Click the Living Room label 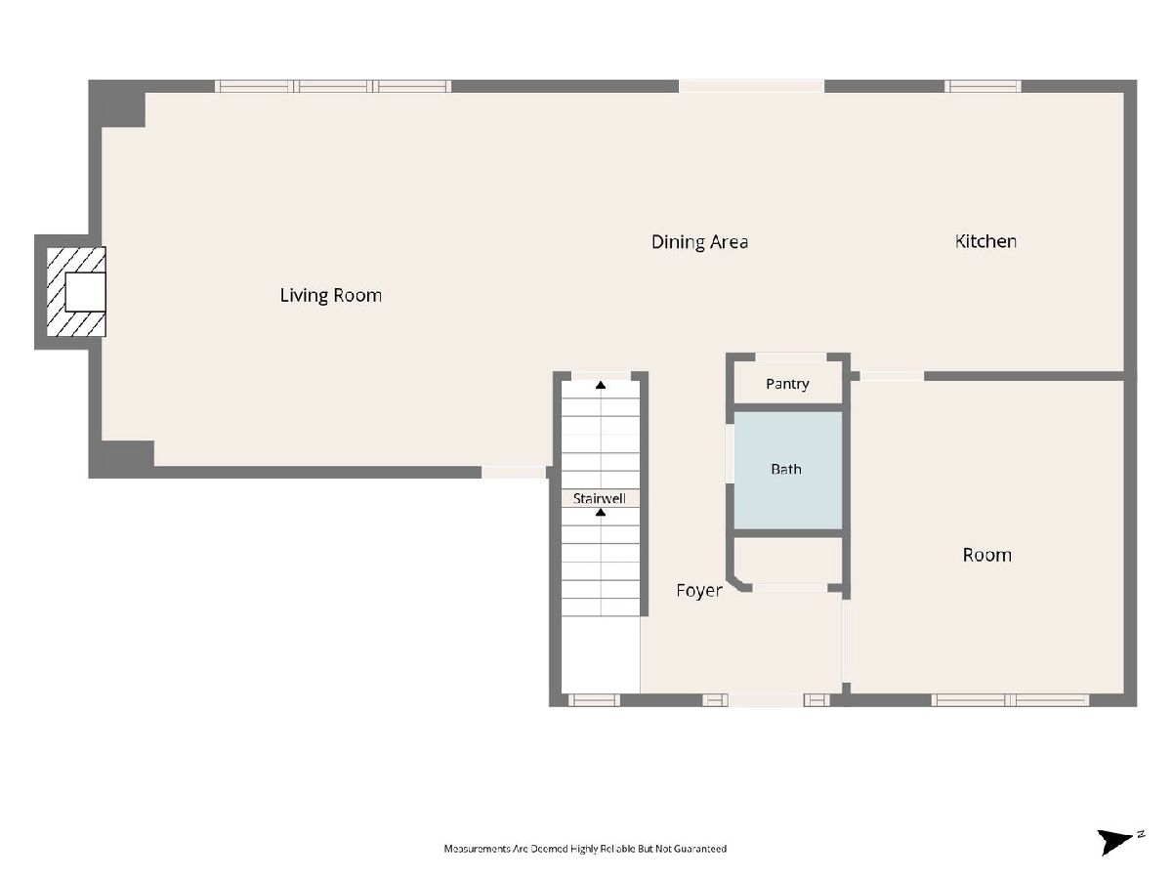[330, 295]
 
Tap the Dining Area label [699, 242]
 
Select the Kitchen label [985, 241]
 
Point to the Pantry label [787, 384]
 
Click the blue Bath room [787, 470]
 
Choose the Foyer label [699, 590]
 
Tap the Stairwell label [599, 498]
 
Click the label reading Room [986, 555]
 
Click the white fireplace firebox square [85, 292]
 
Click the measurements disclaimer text [585, 849]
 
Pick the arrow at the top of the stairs [601, 385]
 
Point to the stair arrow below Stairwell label [601, 513]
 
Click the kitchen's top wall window [983, 86]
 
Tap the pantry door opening [791, 356]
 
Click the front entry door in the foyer [766, 699]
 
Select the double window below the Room [1010, 699]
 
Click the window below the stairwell [594, 699]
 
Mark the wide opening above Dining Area [752, 86]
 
